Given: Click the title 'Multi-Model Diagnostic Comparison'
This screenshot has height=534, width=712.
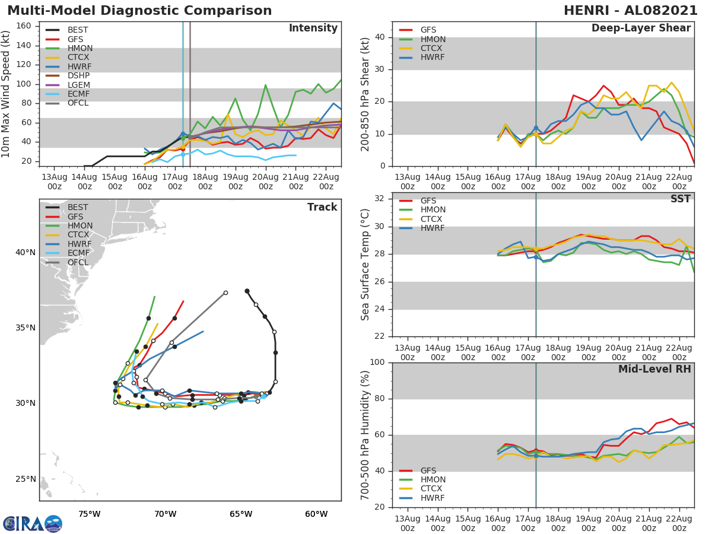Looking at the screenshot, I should tap(139, 11).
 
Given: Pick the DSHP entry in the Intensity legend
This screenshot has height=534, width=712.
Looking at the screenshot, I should tap(79, 76).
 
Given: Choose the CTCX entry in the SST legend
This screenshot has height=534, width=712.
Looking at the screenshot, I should tap(432, 219).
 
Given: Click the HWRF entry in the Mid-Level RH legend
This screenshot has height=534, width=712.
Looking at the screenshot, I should tap(432, 498).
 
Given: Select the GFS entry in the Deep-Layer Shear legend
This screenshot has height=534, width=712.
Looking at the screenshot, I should tap(428, 30).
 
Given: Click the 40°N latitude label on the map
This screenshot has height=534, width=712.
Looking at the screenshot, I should tap(25, 252).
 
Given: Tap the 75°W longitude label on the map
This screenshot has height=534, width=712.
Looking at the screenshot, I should tap(89, 514).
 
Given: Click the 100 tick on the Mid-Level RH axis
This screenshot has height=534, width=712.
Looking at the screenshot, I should tap(378, 363).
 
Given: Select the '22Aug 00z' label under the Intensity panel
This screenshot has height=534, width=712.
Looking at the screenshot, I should tap(326, 182).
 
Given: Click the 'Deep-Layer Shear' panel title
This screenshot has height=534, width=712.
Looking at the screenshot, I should tap(641, 28).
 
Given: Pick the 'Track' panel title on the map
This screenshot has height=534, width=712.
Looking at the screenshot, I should tap(322, 207).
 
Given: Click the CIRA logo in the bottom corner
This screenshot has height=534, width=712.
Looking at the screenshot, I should tap(32, 524).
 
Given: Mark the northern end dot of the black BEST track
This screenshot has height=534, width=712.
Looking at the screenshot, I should tap(247, 291).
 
